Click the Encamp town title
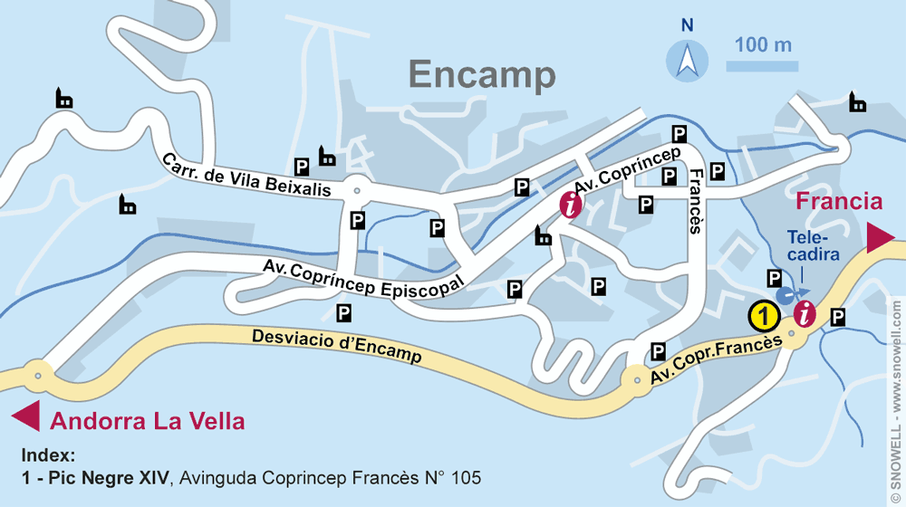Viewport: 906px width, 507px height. (x=481, y=75)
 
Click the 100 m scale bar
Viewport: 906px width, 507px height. (x=761, y=66)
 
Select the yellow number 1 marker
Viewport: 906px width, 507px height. (x=765, y=316)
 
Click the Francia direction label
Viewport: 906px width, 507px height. (x=838, y=201)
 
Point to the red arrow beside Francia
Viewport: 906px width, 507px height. (x=881, y=238)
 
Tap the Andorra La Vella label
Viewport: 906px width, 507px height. (x=147, y=421)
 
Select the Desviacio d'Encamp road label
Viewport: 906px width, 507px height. (x=336, y=344)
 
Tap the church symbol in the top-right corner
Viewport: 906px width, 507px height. (x=857, y=101)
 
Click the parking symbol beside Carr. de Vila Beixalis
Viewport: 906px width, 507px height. (x=303, y=167)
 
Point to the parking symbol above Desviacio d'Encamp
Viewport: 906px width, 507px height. (x=343, y=312)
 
